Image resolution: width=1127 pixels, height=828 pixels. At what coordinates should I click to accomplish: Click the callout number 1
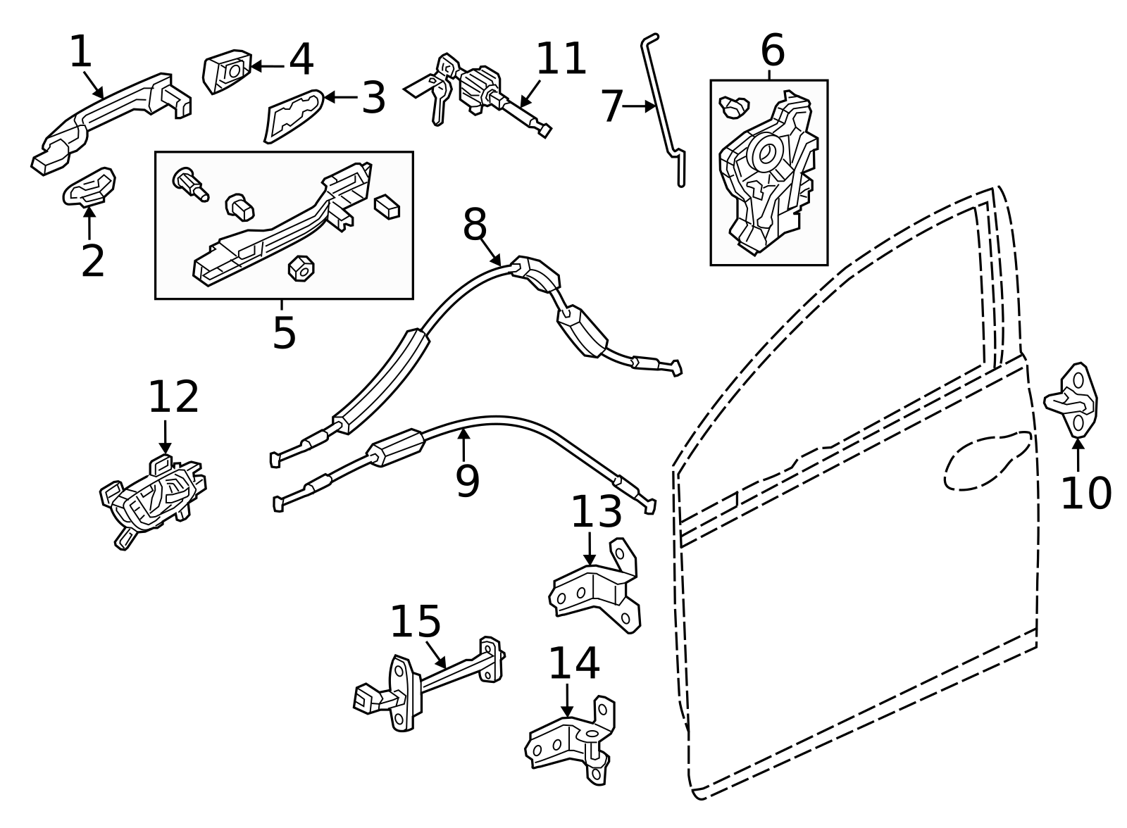tap(81, 51)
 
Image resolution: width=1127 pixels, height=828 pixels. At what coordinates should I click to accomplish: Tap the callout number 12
tap(173, 397)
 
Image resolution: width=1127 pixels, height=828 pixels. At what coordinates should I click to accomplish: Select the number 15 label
tap(416, 622)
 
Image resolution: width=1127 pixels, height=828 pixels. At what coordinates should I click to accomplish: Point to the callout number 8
tap(475, 225)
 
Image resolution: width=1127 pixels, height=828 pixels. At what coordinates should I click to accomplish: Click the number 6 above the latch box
tap(773, 50)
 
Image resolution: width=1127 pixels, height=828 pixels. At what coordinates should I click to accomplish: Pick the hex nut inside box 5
tap(301, 268)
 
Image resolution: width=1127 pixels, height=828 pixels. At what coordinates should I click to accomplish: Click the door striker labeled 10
tap(1071, 401)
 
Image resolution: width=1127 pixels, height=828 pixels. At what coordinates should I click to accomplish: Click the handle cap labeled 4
tap(226, 71)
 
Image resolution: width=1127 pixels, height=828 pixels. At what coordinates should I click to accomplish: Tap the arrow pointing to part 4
tap(267, 66)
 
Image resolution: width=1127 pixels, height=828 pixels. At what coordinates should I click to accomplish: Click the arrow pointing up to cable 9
tap(464, 445)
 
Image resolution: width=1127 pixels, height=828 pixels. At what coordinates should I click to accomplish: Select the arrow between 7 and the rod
tap(639, 106)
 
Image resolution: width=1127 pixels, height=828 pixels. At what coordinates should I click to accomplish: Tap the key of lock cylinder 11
tap(432, 96)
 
